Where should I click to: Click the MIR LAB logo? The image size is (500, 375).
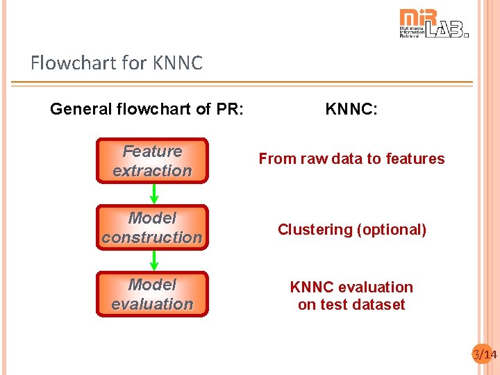click(433, 23)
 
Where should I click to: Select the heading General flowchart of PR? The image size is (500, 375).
click(147, 109)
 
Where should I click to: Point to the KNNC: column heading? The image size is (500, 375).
click(351, 109)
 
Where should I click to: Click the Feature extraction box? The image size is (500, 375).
click(152, 161)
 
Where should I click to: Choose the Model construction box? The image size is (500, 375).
click(152, 228)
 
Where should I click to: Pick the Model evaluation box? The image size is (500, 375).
click(152, 294)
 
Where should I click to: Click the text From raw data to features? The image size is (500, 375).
click(351, 159)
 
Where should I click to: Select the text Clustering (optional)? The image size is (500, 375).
click(351, 230)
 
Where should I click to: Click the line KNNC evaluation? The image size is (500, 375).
click(351, 287)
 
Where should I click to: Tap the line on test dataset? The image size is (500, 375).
click(351, 305)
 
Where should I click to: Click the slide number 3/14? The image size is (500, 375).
click(485, 355)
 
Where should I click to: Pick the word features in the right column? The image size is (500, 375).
click(417, 159)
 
